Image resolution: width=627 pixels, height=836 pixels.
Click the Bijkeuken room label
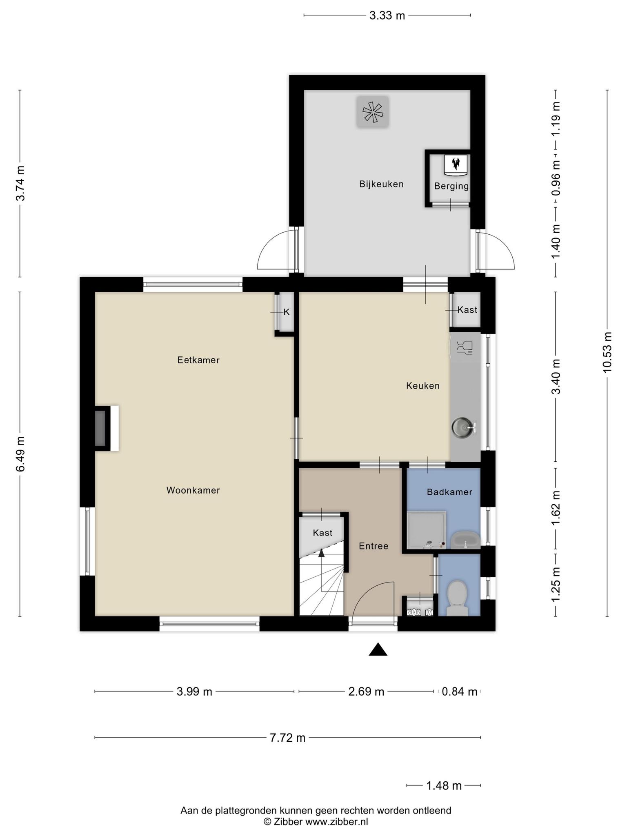coord(381,184)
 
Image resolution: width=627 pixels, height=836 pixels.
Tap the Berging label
coord(451,186)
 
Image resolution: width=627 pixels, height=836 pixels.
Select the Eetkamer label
coord(198,360)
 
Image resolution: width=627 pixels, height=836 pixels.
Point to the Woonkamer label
coord(193,490)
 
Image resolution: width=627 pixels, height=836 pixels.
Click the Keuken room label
coord(422,386)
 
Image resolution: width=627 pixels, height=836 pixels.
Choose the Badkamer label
coord(449,492)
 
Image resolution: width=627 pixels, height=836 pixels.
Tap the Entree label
coord(374,546)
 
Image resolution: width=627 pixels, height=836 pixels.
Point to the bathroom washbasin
coord(465,540)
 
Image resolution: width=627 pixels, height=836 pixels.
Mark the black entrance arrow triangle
coord(378,649)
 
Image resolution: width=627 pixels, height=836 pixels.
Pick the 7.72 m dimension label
coord(287,738)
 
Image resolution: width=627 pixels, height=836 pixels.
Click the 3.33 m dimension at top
coord(387,16)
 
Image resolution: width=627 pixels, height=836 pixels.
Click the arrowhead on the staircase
coord(322,553)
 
